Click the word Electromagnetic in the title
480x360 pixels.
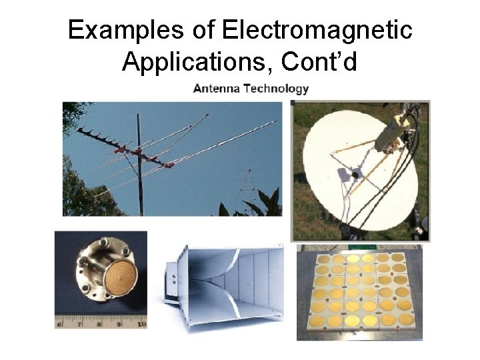(x=317, y=30)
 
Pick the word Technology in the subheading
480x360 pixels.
(x=276, y=88)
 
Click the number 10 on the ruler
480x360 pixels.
(x=141, y=324)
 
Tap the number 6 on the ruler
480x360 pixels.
(x=60, y=324)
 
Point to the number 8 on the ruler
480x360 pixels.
(x=100, y=324)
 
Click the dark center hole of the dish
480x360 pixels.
(x=355, y=175)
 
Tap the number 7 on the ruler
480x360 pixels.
(x=79, y=324)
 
